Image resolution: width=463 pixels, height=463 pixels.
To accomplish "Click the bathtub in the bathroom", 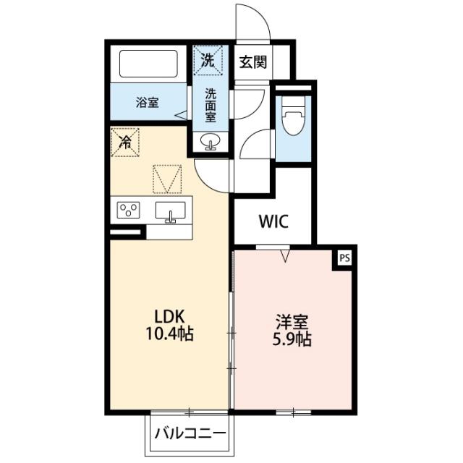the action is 148,64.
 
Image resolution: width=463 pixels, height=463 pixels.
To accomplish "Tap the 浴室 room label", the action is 148,103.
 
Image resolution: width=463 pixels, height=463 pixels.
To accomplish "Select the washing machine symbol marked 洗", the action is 208,61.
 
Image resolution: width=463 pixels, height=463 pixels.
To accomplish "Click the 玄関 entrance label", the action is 252,62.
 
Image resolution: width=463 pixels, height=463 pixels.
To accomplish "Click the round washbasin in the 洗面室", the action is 210,141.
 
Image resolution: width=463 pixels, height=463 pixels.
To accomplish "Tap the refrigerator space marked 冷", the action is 125,142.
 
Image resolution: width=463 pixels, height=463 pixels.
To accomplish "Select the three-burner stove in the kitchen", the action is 129,210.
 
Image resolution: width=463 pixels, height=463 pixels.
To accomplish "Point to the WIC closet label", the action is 273,221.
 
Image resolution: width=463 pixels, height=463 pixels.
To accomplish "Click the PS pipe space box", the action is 344,258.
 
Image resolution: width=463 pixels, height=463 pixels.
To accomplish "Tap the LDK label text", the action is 170,317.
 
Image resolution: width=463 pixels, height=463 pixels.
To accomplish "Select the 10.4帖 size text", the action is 170,334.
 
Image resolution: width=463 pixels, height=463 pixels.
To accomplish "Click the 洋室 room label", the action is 292,322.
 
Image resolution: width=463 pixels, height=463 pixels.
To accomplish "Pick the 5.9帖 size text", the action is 292,339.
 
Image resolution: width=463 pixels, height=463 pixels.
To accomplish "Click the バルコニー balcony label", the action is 190,433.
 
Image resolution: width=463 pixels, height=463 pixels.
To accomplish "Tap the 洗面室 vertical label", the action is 211,106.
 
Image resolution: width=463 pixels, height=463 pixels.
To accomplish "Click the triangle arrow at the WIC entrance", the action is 285,256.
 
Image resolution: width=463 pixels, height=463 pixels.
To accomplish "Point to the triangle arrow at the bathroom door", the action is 181,115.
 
